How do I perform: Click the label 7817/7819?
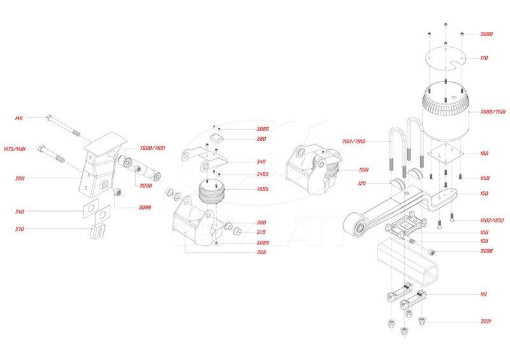pyautogui.click(x=374, y=141)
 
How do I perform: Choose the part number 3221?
pyautogui.click(x=486, y=322)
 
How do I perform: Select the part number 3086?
pyautogui.click(x=245, y=129)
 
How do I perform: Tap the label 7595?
pyautogui.click(x=244, y=189)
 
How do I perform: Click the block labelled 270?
pyautogui.click(x=98, y=229)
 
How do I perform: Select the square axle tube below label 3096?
pyautogui.click(x=407, y=264)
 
